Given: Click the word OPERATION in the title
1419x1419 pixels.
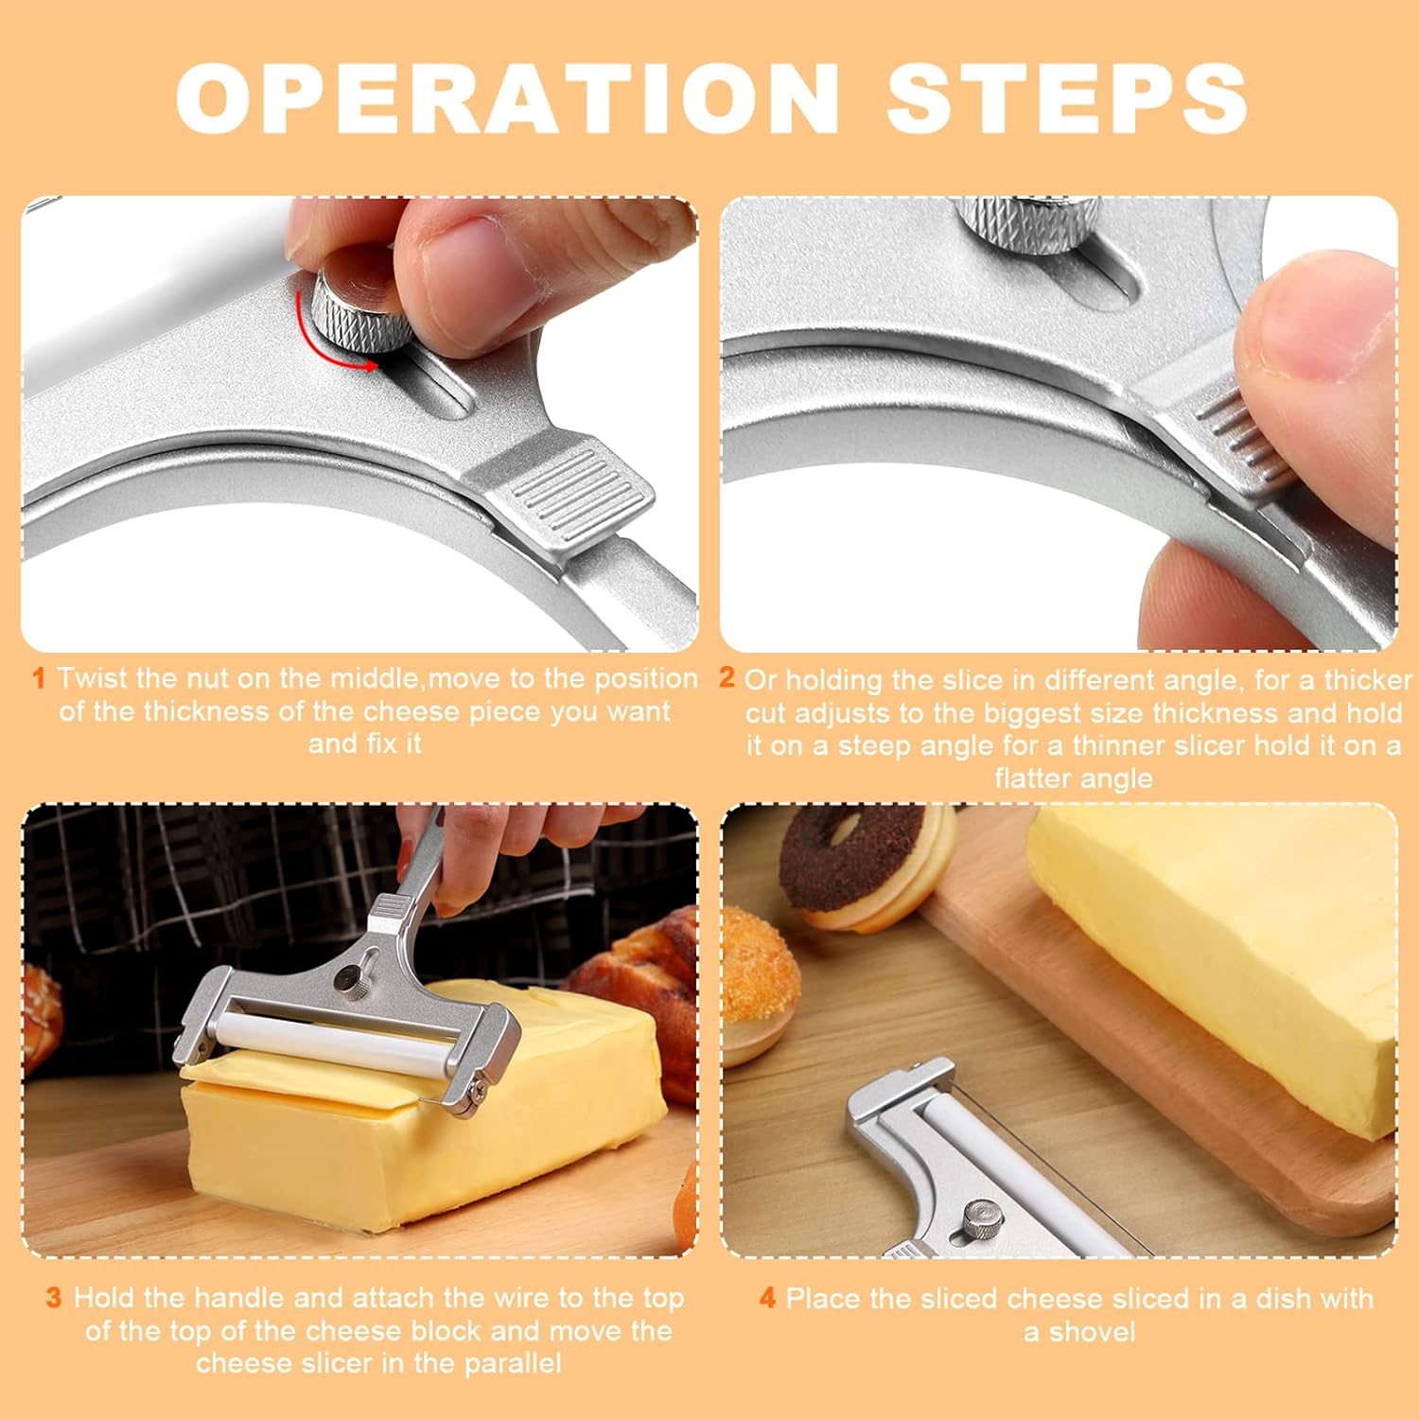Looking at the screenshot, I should [507, 98].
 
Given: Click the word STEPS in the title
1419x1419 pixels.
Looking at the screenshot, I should [1066, 98].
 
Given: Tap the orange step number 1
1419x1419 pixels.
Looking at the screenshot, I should [39, 678].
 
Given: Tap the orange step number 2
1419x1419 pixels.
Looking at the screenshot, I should [727, 677].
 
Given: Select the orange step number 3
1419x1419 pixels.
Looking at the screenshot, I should [54, 1298].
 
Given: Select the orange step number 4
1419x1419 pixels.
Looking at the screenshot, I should [767, 1298].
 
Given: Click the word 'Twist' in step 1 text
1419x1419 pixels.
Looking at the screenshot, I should [92, 678].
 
